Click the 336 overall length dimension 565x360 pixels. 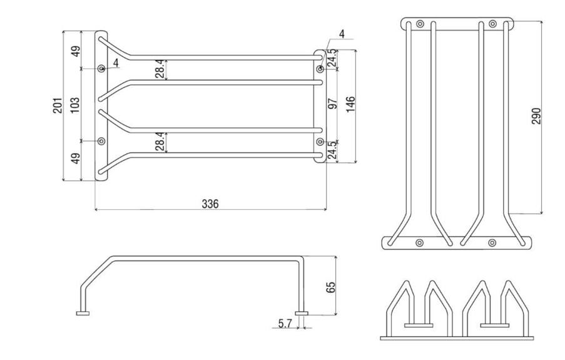pos(210,203)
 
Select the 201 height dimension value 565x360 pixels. pos(58,106)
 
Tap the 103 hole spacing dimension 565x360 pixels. pos(75,104)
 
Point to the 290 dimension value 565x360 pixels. pos(536,116)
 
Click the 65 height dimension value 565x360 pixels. pos(331,287)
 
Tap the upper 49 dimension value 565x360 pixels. pos(75,50)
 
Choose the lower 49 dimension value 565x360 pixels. pos(75,158)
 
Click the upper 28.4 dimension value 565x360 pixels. pos(160,69)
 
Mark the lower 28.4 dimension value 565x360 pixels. pos(160,141)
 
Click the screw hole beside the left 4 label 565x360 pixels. pos(101,68)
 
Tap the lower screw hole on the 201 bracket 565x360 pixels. pos(101,141)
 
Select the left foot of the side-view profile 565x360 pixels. pos(82,312)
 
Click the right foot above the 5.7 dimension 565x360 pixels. pos(302,312)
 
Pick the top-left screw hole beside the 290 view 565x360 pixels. pos(420,24)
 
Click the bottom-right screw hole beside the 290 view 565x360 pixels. pos(492,242)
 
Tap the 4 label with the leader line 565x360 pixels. pos(342,33)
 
